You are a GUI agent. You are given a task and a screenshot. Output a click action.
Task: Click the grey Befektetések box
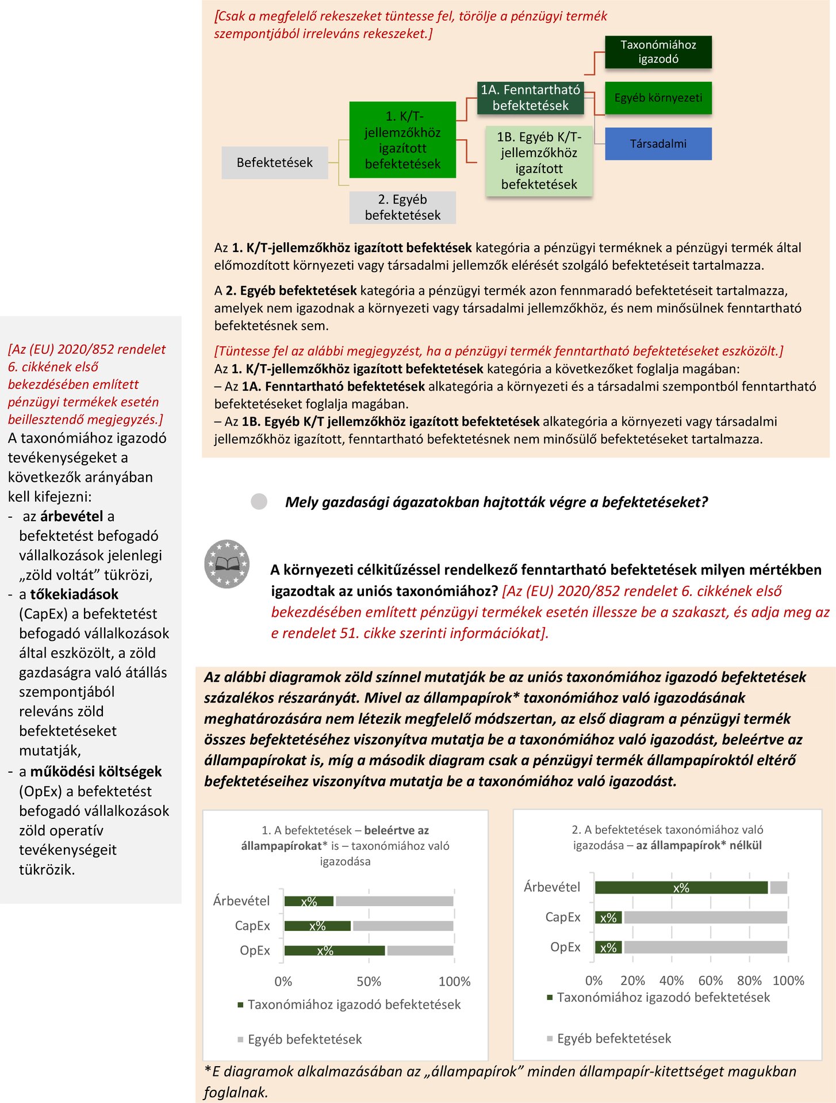pyautogui.click(x=275, y=163)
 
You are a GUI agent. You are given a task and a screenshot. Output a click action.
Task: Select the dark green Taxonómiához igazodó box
pyautogui.click(x=658, y=52)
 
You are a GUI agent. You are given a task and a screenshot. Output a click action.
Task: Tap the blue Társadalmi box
pyautogui.click(x=658, y=144)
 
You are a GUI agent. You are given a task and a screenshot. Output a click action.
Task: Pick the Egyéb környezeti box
pyautogui.click(x=658, y=98)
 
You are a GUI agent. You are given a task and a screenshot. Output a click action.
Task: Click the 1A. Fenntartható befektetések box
pyautogui.click(x=530, y=98)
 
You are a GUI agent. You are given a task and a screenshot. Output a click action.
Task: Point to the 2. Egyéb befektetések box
pyautogui.click(x=402, y=207)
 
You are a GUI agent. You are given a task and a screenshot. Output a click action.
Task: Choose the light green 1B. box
pyautogui.click(x=539, y=161)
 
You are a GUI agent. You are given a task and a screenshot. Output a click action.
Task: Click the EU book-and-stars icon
pyautogui.click(x=227, y=564)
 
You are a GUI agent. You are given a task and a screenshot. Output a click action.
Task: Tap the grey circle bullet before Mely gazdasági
pyautogui.click(x=259, y=502)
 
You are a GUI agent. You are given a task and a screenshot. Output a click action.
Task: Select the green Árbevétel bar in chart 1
pyautogui.click(x=309, y=901)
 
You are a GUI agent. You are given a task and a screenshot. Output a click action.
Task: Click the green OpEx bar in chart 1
pyautogui.click(x=334, y=951)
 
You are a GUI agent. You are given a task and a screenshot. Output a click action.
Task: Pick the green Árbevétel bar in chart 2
pyautogui.click(x=681, y=887)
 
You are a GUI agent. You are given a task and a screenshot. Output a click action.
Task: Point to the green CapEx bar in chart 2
pyautogui.click(x=608, y=917)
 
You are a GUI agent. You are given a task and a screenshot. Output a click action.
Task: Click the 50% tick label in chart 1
pyautogui.click(x=369, y=982)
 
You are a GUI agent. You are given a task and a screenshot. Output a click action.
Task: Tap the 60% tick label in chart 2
pyautogui.click(x=710, y=980)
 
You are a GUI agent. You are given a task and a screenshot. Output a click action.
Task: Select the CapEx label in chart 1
pyautogui.click(x=252, y=926)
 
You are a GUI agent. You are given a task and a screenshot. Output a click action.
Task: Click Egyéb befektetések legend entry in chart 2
pyautogui.click(x=613, y=1039)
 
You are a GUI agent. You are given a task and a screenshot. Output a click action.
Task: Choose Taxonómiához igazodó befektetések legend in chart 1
pyautogui.click(x=353, y=1005)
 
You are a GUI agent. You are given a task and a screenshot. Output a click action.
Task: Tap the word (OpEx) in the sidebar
pyautogui.click(x=40, y=791)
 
